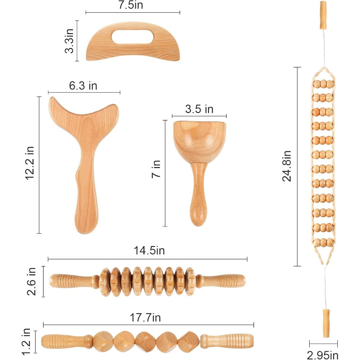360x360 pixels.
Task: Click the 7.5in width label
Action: [x=131, y=5]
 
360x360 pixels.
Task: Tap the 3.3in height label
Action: [x=69, y=41]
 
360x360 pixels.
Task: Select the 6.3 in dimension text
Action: [x=83, y=86]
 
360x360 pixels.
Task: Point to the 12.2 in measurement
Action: [x=30, y=163]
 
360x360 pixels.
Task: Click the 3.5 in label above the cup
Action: [x=199, y=109]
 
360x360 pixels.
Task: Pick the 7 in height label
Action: [x=156, y=169]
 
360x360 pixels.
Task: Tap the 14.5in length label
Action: [x=149, y=251]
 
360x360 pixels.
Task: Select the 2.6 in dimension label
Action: [x=32, y=281]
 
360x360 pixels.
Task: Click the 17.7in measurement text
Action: [x=145, y=318]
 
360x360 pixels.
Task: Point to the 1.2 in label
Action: [x=26, y=342]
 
